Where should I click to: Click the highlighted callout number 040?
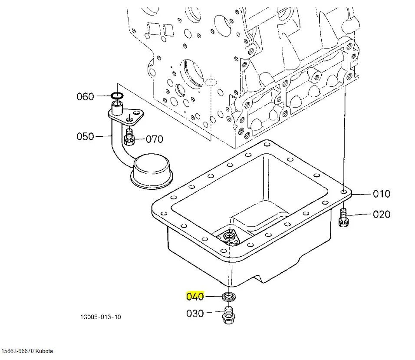(195, 297)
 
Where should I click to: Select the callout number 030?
(195, 313)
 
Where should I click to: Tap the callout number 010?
(382, 194)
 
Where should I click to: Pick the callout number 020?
(382, 214)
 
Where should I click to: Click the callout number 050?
(85, 136)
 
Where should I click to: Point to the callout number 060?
(85, 96)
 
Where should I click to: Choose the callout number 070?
(154, 139)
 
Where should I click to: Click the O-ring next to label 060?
(116, 96)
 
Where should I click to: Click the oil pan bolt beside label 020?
(343, 218)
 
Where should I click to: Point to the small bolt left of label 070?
(128, 137)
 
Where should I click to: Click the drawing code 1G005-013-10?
(100, 317)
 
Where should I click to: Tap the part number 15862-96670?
(17, 351)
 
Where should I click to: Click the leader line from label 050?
(103, 136)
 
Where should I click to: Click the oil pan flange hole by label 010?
(344, 191)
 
